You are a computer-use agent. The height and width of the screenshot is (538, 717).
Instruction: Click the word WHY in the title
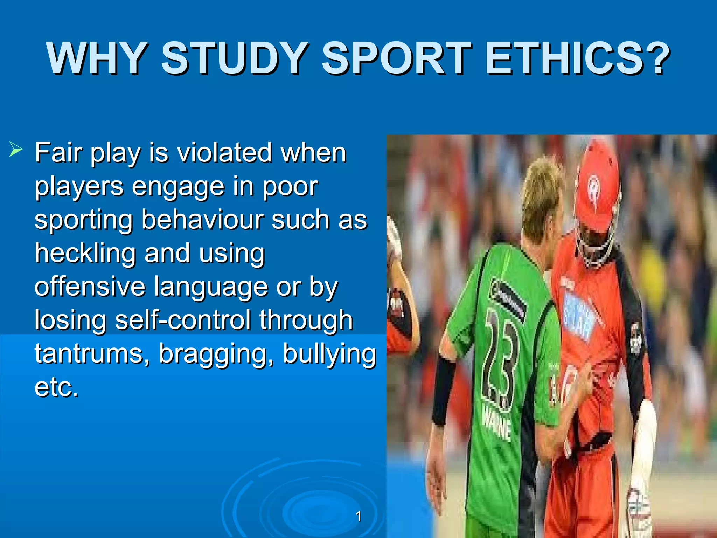click(x=96, y=58)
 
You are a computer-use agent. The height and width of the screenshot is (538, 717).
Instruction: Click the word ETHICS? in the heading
click(x=578, y=58)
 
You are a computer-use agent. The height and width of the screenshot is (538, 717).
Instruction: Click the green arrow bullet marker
click(x=16, y=150)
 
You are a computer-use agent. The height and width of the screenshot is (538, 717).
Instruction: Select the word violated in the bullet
click(x=224, y=153)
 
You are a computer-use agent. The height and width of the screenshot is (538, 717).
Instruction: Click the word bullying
click(x=329, y=354)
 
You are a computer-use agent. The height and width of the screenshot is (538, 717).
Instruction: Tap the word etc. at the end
click(x=56, y=387)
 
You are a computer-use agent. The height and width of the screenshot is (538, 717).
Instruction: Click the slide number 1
click(x=358, y=516)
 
